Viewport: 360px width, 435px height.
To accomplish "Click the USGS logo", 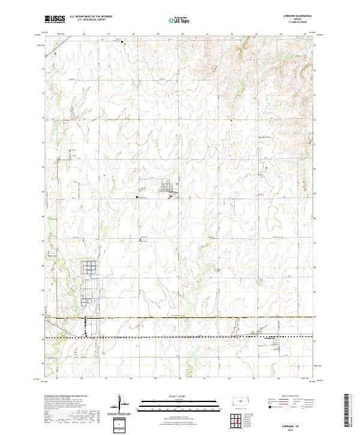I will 55,19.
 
